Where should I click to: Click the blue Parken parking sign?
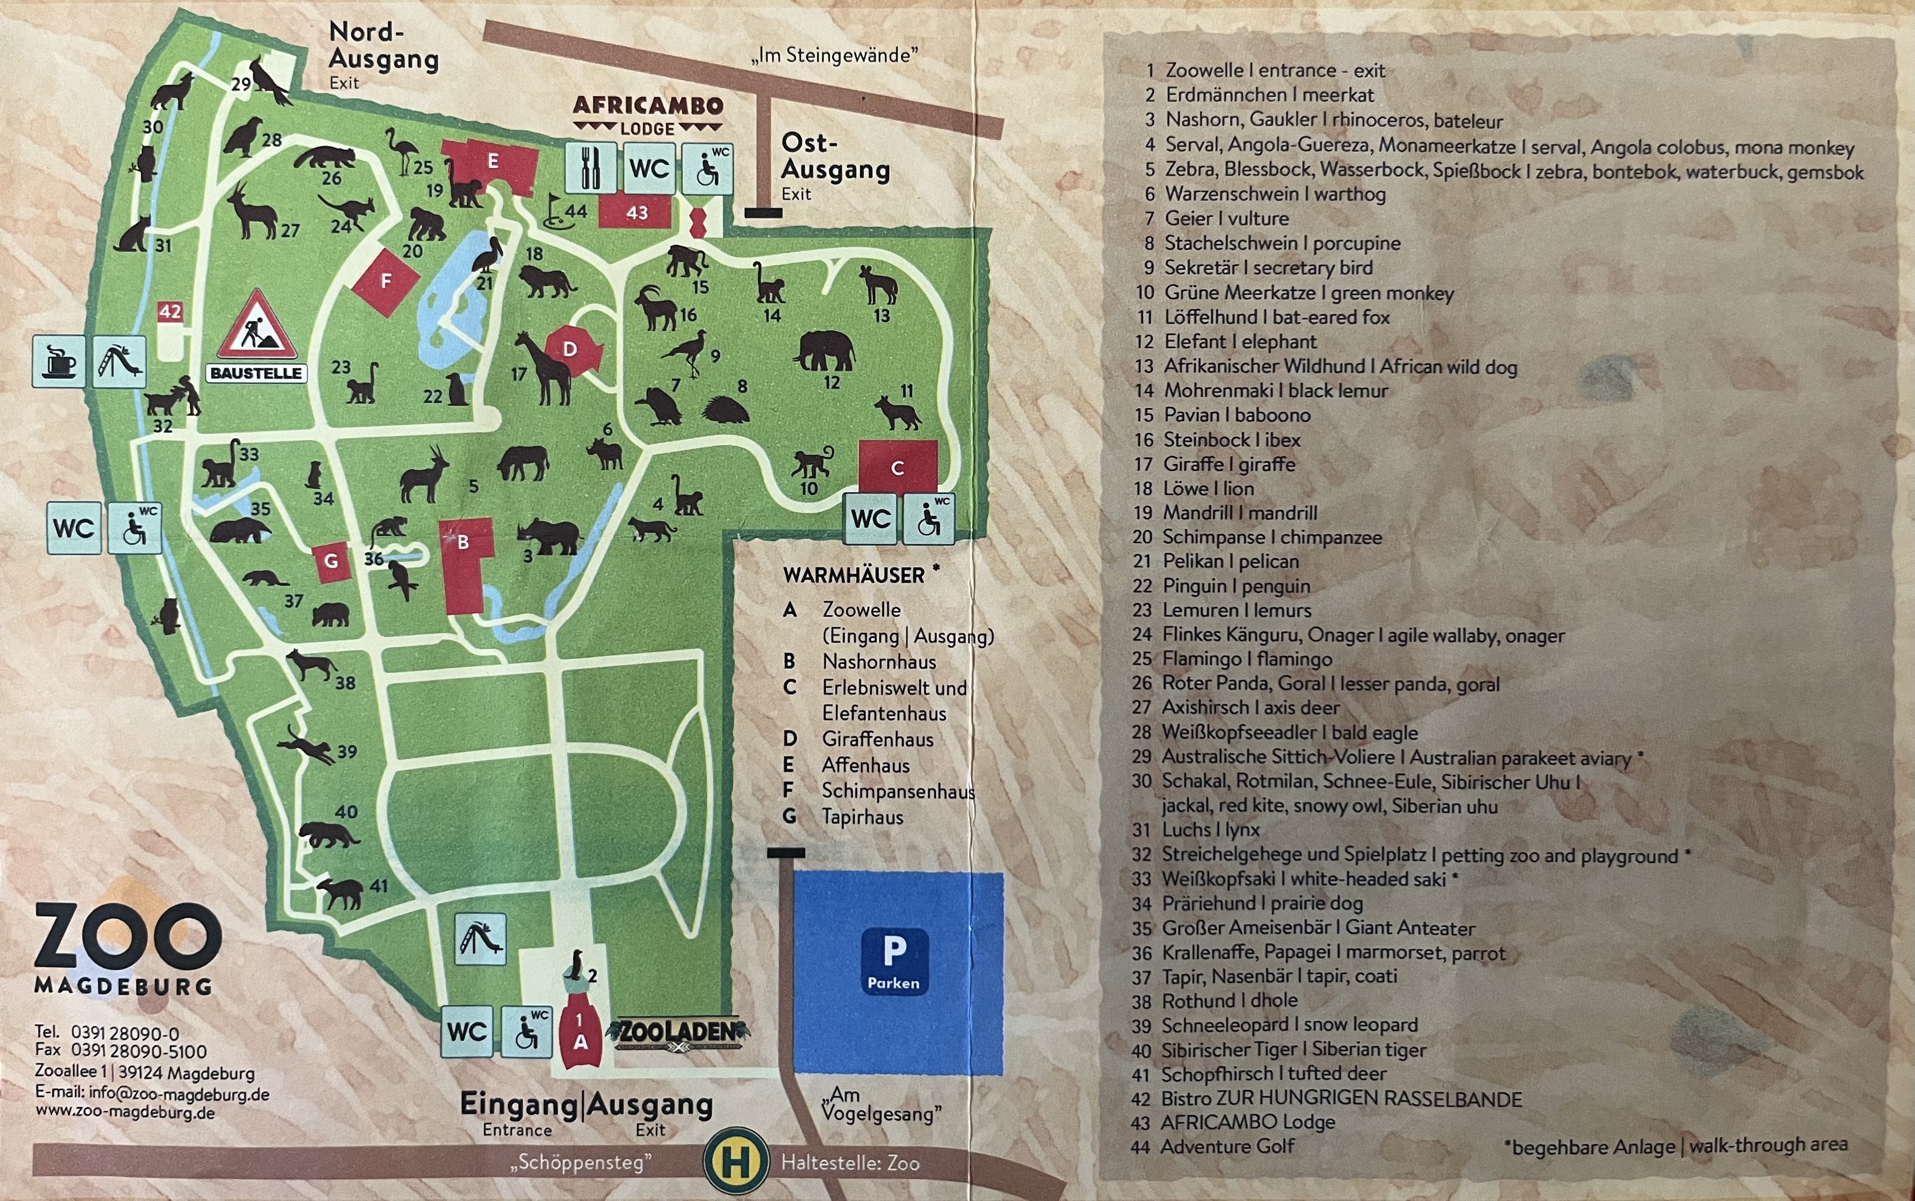[x=894, y=961]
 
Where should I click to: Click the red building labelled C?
[x=897, y=467]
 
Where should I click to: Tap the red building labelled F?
[x=386, y=282]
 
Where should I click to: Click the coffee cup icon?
[x=59, y=361]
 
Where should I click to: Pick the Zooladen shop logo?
[x=677, y=1032]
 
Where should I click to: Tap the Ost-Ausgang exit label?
[x=834, y=157]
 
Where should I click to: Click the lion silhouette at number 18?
[x=548, y=281]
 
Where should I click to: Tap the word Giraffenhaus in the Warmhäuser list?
[x=877, y=740]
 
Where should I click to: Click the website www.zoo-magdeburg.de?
[x=125, y=1112]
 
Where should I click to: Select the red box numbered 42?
[x=170, y=311]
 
